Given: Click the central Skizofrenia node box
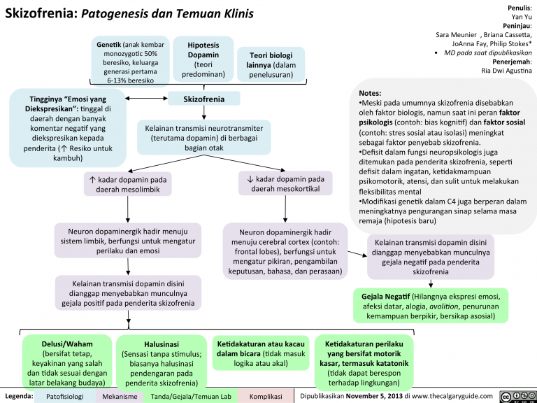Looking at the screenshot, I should tap(203, 99).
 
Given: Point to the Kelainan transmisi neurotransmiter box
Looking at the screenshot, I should tap(203, 138).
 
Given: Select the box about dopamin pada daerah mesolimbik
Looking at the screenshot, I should tap(127, 185).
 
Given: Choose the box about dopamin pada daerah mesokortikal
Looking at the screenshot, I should tap(285, 185).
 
